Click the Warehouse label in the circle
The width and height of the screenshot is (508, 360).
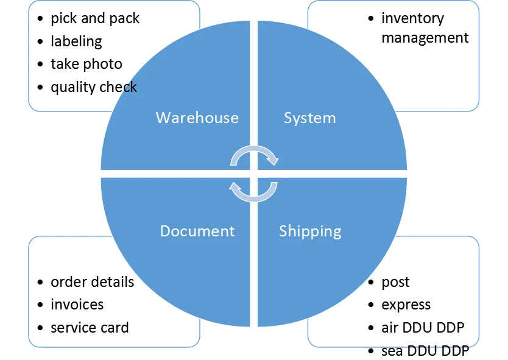point(197,118)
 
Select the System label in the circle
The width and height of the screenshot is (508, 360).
point(309,118)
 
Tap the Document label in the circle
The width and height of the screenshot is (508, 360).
point(197,231)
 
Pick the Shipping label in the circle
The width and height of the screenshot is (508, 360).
point(310,231)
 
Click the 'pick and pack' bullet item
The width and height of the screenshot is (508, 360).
point(95,19)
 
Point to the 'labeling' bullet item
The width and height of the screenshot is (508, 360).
point(76,41)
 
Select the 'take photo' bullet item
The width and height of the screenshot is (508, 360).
point(86,64)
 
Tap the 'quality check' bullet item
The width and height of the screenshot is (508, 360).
point(94,87)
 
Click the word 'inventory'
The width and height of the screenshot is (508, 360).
point(412,19)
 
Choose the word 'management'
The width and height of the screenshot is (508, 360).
point(425,38)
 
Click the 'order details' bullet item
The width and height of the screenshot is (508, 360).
point(92,282)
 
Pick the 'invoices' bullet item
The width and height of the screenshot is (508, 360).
point(77,305)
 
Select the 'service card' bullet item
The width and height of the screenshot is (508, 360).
point(90,328)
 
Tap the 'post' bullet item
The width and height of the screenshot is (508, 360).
point(395,283)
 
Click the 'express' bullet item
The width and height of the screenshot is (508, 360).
point(406,305)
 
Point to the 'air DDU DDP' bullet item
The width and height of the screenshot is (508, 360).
point(423,328)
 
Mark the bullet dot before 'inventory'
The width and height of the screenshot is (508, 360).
point(371,19)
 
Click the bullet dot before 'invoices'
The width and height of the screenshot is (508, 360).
point(40,305)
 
